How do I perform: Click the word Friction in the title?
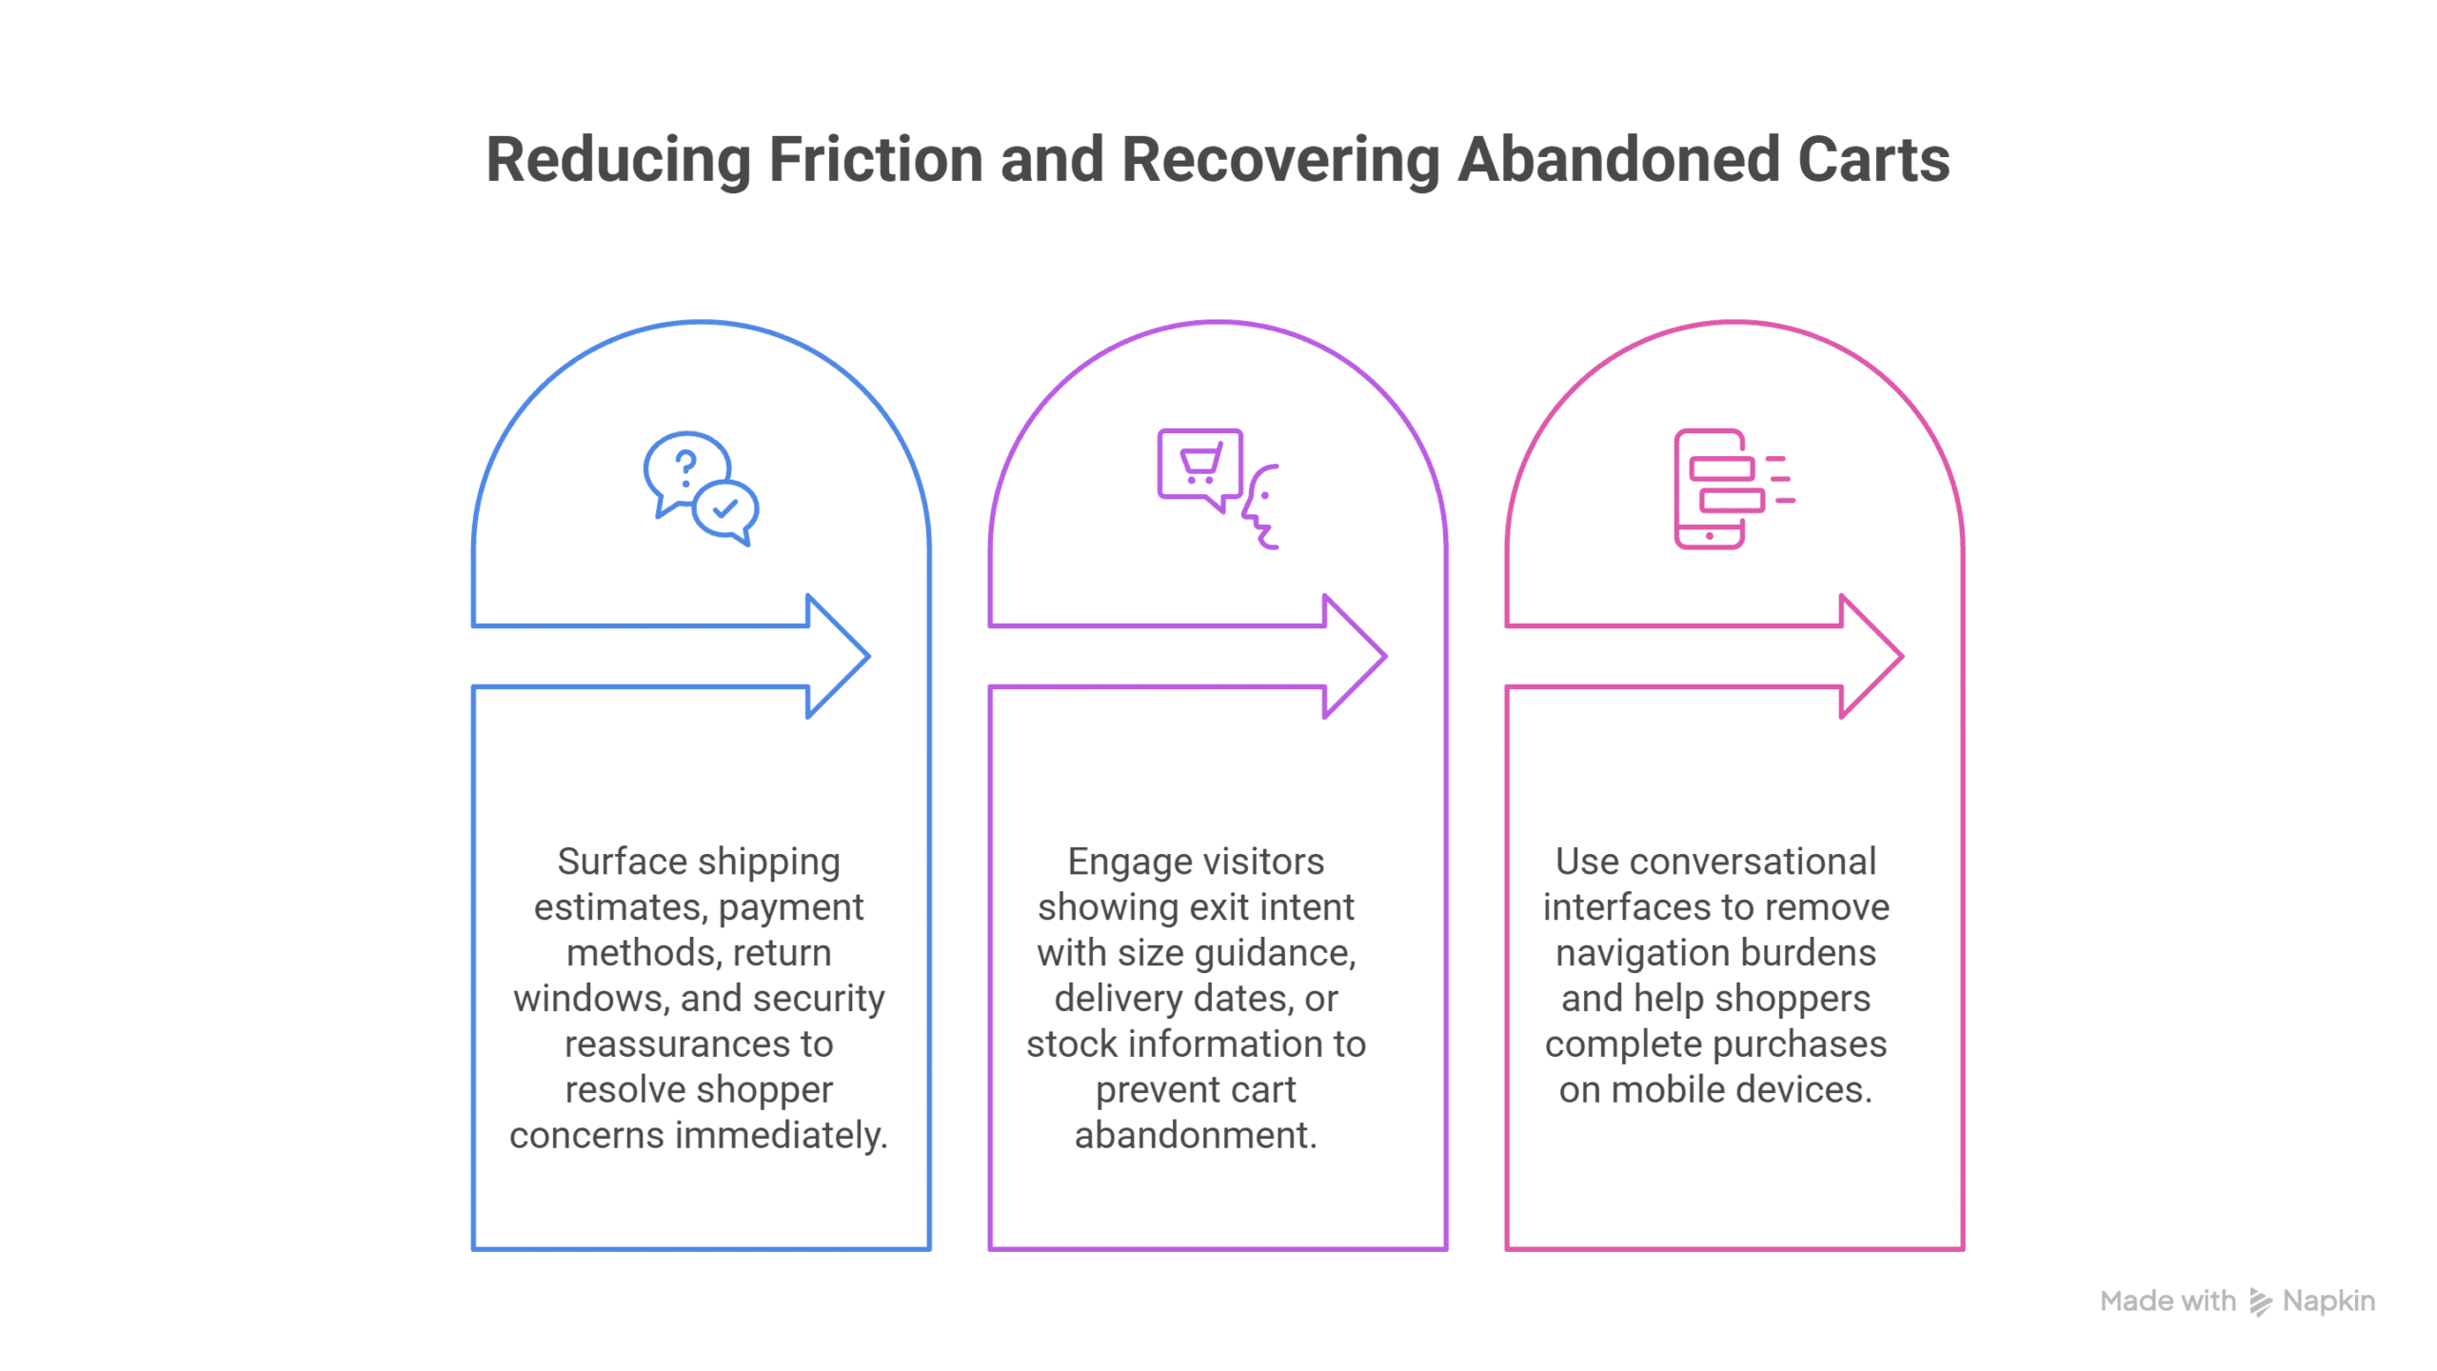tap(876, 159)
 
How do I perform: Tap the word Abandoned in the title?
tap(1618, 159)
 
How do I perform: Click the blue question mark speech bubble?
tap(685, 473)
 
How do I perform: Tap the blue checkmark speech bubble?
tap(726, 512)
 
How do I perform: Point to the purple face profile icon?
tap(1261, 507)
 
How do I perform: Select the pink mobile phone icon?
tap(1711, 489)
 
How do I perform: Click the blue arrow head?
tap(838, 656)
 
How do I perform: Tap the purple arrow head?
tap(1355, 656)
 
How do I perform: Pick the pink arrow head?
tap(1872, 656)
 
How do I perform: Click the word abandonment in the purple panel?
tap(1196, 1135)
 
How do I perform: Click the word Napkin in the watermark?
tap(2328, 1301)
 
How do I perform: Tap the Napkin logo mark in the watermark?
tap(2260, 1301)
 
